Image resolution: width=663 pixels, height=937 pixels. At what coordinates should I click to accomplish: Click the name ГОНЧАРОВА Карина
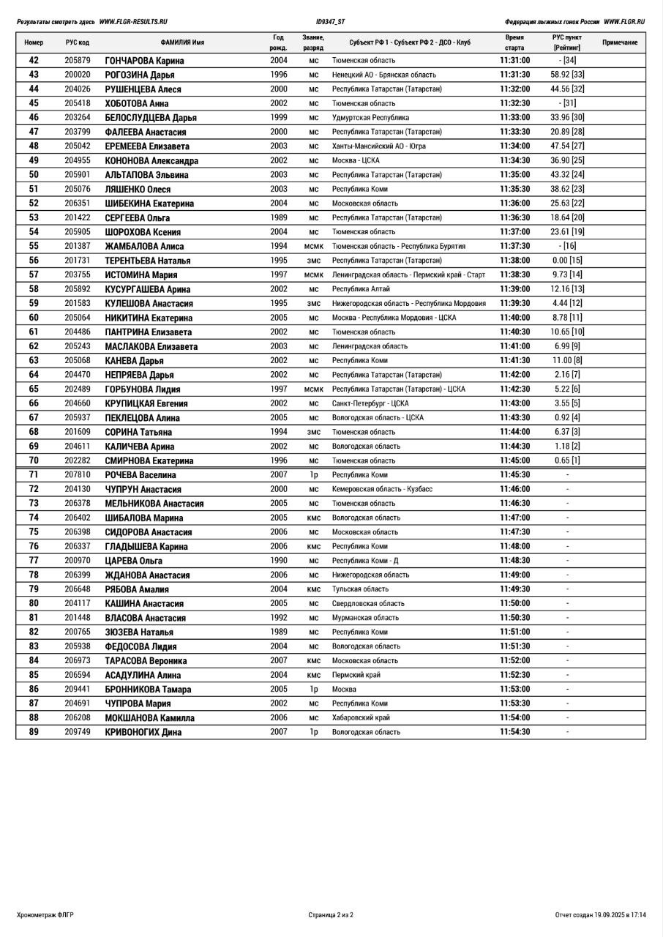144,61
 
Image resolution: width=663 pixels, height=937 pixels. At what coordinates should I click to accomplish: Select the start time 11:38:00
514,261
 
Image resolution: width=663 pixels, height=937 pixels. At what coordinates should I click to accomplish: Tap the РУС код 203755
77,275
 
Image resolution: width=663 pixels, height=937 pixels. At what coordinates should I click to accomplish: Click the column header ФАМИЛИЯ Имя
182,42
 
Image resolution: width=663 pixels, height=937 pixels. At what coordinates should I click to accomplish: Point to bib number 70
34,460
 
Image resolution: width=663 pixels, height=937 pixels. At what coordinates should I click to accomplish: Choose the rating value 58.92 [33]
567,75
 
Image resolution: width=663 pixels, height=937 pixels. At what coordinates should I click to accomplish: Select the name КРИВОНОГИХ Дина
143,732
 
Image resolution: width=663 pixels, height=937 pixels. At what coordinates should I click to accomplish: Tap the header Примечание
619,42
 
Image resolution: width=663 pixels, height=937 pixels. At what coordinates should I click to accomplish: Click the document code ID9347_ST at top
331,22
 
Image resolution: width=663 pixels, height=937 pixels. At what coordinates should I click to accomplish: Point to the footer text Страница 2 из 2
331,914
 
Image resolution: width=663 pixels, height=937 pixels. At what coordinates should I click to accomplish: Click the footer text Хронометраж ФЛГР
45,914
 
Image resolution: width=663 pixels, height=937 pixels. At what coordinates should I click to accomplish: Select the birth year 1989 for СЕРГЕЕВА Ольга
278,217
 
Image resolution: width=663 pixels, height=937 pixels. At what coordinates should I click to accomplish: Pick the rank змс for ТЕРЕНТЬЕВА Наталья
313,261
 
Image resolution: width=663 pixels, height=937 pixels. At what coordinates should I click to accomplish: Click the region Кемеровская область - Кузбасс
382,489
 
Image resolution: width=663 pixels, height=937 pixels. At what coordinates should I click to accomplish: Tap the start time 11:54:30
514,732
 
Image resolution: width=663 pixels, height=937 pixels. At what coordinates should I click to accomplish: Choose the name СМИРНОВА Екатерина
149,461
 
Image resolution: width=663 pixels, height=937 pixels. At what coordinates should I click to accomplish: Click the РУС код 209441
77,690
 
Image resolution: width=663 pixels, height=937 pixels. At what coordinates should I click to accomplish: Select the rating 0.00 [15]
567,261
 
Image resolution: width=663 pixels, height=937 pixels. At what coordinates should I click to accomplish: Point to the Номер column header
34,42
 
